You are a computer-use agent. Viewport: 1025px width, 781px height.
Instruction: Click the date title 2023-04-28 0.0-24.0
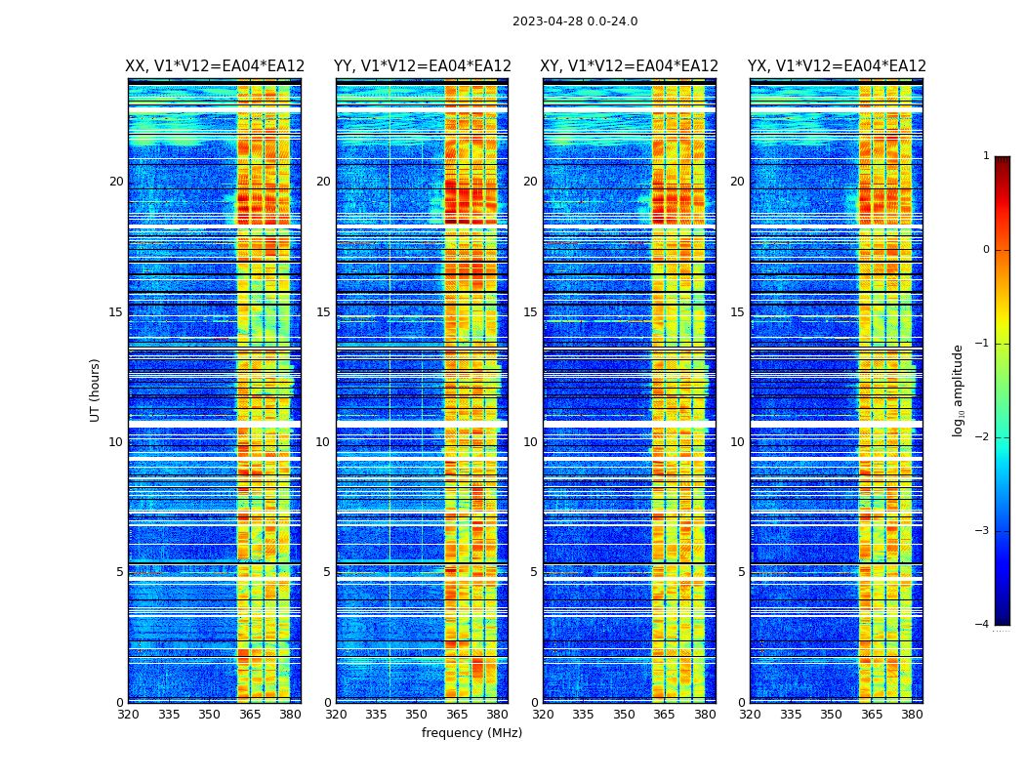coord(575,21)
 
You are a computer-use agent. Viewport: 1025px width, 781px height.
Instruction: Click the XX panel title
coord(215,66)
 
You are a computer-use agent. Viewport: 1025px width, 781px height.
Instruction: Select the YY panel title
coord(422,66)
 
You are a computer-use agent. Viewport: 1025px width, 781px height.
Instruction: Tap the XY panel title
coord(629,66)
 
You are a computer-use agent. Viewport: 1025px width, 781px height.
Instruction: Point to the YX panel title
coord(837,66)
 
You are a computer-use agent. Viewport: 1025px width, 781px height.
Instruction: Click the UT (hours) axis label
coord(96,390)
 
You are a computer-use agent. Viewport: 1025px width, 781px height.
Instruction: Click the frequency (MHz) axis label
coord(471,733)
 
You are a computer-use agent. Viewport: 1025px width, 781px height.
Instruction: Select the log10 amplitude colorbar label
coord(959,390)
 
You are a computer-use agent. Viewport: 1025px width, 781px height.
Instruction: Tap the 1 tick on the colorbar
coord(986,156)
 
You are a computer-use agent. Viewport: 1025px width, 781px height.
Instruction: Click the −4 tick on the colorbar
coord(983,625)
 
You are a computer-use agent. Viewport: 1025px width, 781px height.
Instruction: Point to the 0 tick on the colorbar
coord(986,250)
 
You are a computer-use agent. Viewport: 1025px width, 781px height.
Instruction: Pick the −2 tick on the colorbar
coord(983,437)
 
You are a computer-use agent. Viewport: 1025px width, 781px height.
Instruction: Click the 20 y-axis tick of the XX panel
coord(116,182)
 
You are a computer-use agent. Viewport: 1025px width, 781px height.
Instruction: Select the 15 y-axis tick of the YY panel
coord(323,312)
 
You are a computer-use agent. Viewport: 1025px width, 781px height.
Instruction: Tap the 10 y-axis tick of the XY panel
coord(530,442)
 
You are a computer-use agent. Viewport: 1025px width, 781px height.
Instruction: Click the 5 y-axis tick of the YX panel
coord(742,572)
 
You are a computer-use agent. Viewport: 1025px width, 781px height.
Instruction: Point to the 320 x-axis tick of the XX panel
coord(128,715)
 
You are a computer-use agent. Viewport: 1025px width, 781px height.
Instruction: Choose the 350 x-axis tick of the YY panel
coord(417,715)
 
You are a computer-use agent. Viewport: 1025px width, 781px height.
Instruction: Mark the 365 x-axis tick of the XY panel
coord(664,715)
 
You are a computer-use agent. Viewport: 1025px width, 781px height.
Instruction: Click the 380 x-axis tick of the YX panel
coord(912,715)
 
